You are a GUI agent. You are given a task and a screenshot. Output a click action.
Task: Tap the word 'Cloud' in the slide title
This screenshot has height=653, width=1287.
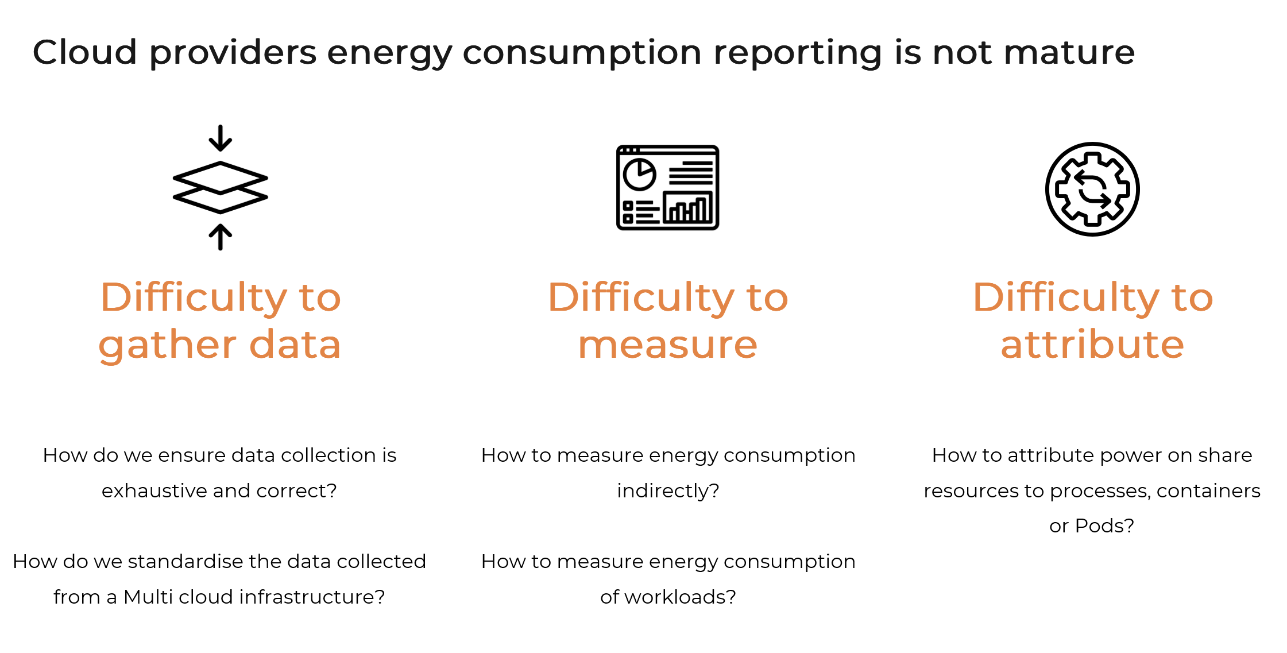click(85, 52)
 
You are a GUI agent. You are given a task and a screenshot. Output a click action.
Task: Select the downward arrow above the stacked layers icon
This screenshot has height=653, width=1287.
click(221, 138)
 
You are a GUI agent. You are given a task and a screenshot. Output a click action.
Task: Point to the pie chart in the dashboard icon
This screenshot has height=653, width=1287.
click(640, 174)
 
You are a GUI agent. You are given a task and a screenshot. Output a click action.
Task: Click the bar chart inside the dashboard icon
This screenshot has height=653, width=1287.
click(688, 207)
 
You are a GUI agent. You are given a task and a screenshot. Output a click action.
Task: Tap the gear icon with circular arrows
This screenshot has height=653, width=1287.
click(1092, 189)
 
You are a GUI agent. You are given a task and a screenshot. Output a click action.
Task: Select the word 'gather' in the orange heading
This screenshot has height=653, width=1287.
click(167, 346)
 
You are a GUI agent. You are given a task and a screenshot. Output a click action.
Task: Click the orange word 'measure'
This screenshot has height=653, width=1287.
click(668, 346)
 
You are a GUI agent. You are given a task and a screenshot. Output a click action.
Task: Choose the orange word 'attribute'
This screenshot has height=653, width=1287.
click(1092, 345)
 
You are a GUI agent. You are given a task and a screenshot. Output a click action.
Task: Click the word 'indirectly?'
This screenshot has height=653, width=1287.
click(668, 490)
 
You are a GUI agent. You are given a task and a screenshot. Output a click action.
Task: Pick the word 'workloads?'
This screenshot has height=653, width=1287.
click(680, 597)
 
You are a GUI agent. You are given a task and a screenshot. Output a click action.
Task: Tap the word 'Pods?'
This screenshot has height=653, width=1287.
click(1104, 526)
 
